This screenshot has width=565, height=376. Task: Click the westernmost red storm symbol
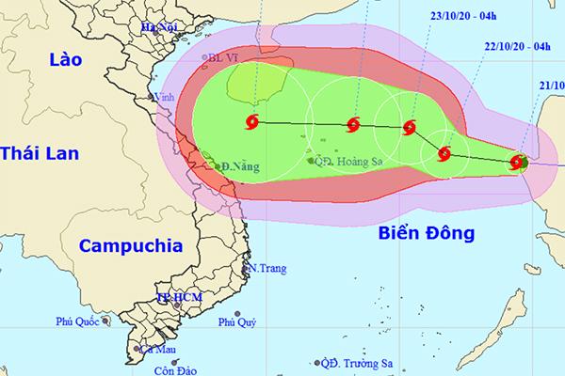(x=251, y=121)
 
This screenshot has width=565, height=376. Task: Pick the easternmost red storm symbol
(x=517, y=163)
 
